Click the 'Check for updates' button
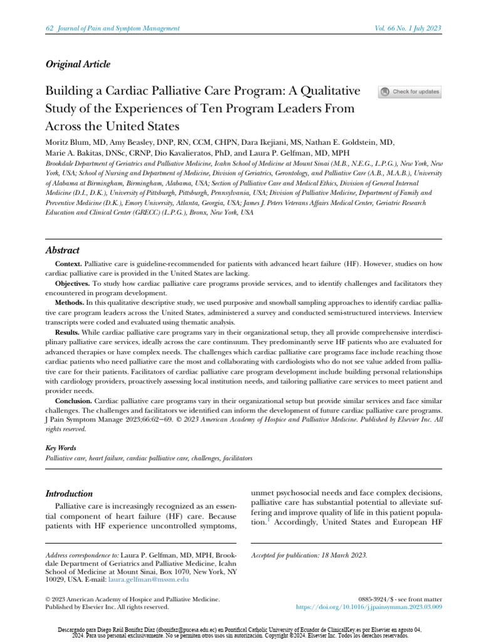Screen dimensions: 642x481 (410, 92)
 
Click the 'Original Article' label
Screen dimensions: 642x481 (78, 64)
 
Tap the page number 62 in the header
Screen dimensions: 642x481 (50, 29)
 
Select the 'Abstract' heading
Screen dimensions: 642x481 (64, 250)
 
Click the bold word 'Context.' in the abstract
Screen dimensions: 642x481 (68, 263)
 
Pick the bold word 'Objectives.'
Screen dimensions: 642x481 (72, 283)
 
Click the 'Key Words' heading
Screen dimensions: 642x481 (61, 448)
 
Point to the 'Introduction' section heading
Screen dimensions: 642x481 (70, 493)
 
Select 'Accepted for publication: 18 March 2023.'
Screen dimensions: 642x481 (309, 555)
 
